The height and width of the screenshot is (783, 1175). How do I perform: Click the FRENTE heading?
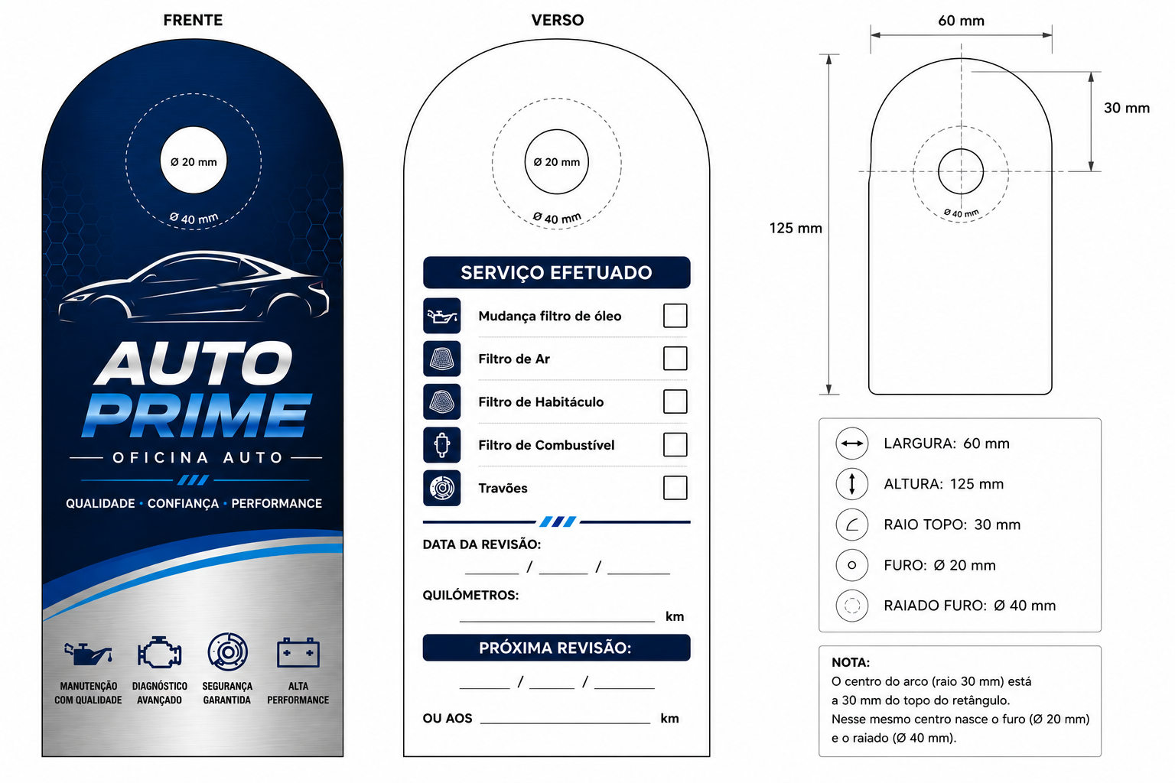[193, 20]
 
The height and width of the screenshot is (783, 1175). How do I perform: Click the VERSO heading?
[557, 20]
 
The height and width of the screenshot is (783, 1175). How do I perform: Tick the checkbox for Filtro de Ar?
[675, 359]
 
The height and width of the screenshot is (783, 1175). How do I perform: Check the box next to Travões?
[675, 488]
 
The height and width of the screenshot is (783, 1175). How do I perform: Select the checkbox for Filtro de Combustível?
[675, 445]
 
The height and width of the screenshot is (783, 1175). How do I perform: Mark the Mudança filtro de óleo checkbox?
[675, 316]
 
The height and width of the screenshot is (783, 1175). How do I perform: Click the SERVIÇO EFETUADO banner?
[557, 273]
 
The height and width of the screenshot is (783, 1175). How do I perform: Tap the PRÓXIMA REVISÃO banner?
[557, 648]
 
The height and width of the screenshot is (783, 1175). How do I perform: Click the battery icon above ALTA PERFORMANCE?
[298, 652]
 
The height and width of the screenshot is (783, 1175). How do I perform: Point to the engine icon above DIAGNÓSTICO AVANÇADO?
[159, 652]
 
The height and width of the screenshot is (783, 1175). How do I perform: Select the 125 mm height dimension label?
[796, 228]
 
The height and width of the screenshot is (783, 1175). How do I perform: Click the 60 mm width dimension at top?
[961, 21]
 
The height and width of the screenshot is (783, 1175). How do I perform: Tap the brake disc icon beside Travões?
[441, 488]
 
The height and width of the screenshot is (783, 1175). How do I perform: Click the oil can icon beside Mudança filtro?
[441, 316]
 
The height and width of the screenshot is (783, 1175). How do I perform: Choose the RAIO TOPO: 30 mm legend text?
[952, 525]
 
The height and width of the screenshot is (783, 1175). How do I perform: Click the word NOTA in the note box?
[851, 662]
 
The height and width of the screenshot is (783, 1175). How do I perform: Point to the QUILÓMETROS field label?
[470, 595]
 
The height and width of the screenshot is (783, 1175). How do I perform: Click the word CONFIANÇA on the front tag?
[183, 503]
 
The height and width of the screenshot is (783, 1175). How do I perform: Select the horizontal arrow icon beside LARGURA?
[852, 443]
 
